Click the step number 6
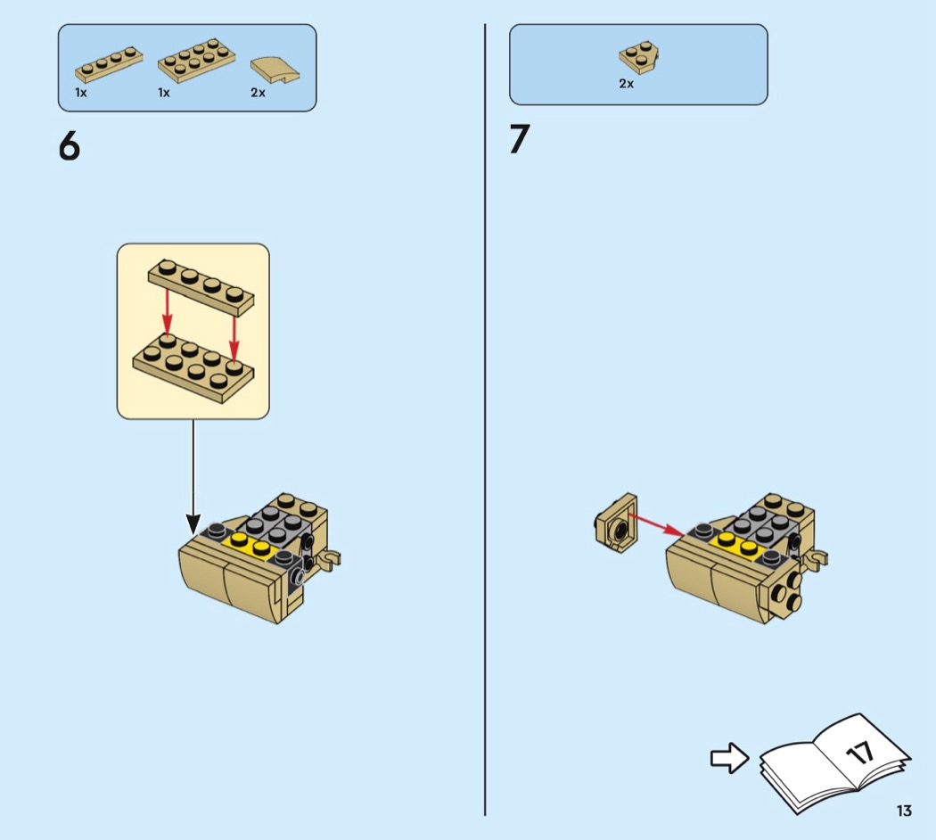70,145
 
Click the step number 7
520,139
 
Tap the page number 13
904,811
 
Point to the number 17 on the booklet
860,753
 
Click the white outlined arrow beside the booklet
729,758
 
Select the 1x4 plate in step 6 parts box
109,64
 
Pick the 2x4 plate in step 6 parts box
196,60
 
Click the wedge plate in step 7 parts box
639,57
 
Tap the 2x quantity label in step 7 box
626,84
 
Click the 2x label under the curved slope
258,93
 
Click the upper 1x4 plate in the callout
201,286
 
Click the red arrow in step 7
657,524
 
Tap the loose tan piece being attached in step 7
616,523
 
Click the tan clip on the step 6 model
330,559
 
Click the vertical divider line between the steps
485,420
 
